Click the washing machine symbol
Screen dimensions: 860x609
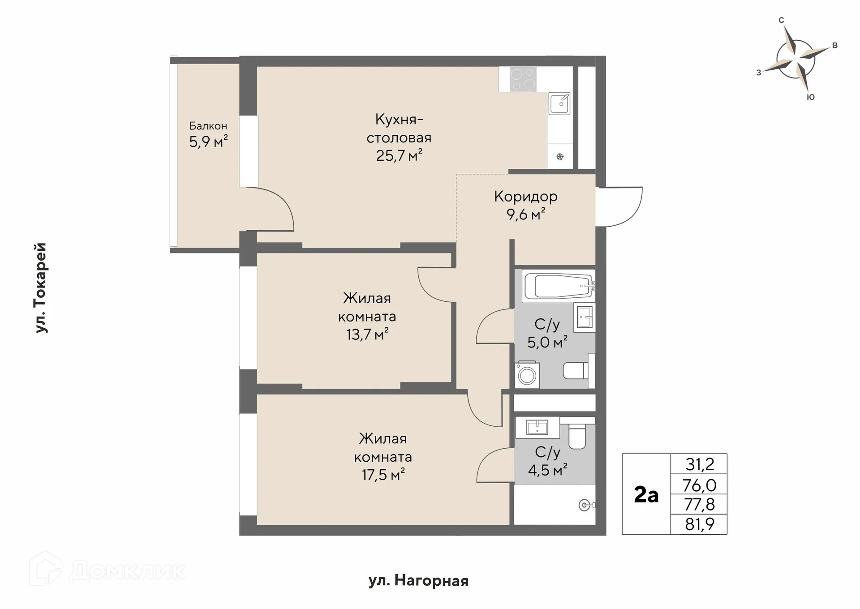click(x=527, y=374)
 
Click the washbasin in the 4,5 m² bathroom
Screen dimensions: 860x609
click(x=537, y=427)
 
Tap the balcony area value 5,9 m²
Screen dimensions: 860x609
click(x=208, y=142)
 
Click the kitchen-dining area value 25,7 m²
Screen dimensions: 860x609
click(x=400, y=155)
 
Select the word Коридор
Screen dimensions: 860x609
click(x=526, y=196)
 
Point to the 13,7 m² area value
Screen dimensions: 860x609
click(x=367, y=334)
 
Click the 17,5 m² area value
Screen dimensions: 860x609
click(x=383, y=474)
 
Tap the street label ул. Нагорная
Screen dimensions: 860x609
click(x=418, y=581)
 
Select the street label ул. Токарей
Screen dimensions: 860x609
click(x=41, y=288)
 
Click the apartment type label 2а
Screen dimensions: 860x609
click(x=646, y=495)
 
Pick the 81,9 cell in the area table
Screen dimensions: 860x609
click(x=699, y=524)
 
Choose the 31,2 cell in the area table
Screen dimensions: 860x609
click(x=699, y=464)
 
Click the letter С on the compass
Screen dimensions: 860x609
click(x=781, y=20)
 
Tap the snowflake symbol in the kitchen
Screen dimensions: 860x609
click(x=560, y=157)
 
